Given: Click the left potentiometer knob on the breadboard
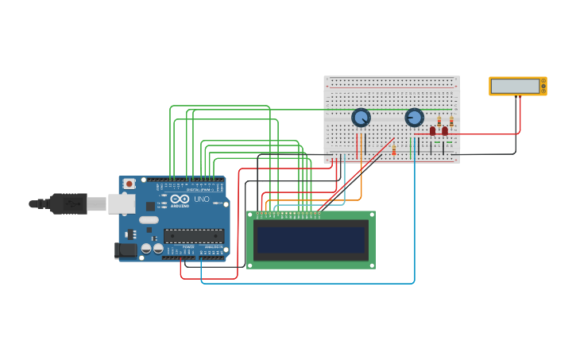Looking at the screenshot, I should pyautogui.click(x=361, y=118).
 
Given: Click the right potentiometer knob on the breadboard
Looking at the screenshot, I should pyautogui.click(x=414, y=118).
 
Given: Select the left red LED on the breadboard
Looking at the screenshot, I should pyautogui.click(x=433, y=131).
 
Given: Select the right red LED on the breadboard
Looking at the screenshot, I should pyautogui.click(x=445, y=131).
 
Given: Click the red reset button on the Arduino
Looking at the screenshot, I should pyautogui.click(x=130, y=184).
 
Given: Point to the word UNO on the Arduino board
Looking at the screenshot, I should pyautogui.click(x=202, y=199).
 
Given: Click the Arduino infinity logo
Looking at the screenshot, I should pyautogui.click(x=180, y=199).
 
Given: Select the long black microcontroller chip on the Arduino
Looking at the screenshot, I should pyautogui.click(x=194, y=235).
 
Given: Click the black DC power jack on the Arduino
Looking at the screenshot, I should pyautogui.click(x=125, y=250).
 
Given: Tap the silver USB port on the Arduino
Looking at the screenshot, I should pyautogui.click(x=121, y=204).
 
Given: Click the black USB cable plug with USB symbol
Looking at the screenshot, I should pyautogui.click(x=68, y=204).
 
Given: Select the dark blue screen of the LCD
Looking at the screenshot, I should pyautogui.click(x=311, y=239).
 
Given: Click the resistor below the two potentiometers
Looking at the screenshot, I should pyautogui.click(x=393, y=149).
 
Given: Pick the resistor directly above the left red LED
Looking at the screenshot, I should pyautogui.click(x=439, y=122).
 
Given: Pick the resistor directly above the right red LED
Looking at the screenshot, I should pyautogui.click(x=451, y=122).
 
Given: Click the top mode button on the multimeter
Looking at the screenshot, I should pyautogui.click(x=543, y=80).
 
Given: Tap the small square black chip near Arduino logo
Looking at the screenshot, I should pyautogui.click(x=150, y=206).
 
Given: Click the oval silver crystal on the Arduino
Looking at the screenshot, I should pyautogui.click(x=149, y=219).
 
